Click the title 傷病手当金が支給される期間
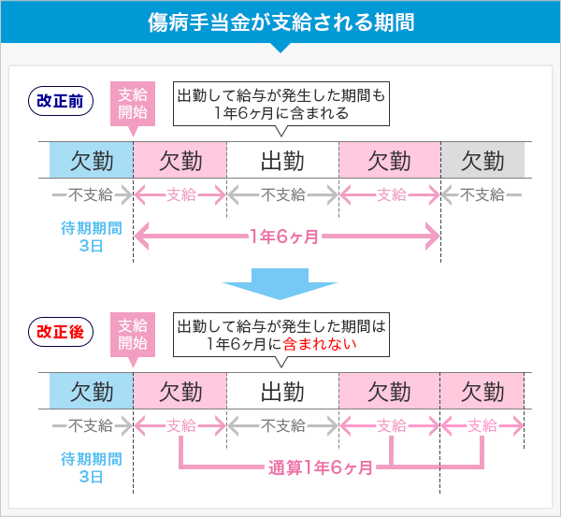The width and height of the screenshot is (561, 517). (x=280, y=21)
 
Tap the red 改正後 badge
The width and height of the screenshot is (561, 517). (x=61, y=331)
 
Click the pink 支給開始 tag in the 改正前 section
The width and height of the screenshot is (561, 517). (x=133, y=104)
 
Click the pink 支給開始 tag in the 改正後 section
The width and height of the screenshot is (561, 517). (x=133, y=334)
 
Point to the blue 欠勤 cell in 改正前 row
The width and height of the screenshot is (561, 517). (x=92, y=161)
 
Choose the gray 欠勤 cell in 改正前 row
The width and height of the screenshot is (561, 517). (x=482, y=161)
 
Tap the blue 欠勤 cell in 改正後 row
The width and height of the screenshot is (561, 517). (x=92, y=391)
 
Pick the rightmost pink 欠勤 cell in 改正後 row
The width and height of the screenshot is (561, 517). (x=482, y=391)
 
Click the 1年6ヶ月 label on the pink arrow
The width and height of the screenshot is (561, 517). (x=285, y=237)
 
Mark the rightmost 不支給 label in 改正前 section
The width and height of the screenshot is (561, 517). (x=482, y=194)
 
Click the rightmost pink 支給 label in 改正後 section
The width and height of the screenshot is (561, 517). (x=482, y=425)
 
